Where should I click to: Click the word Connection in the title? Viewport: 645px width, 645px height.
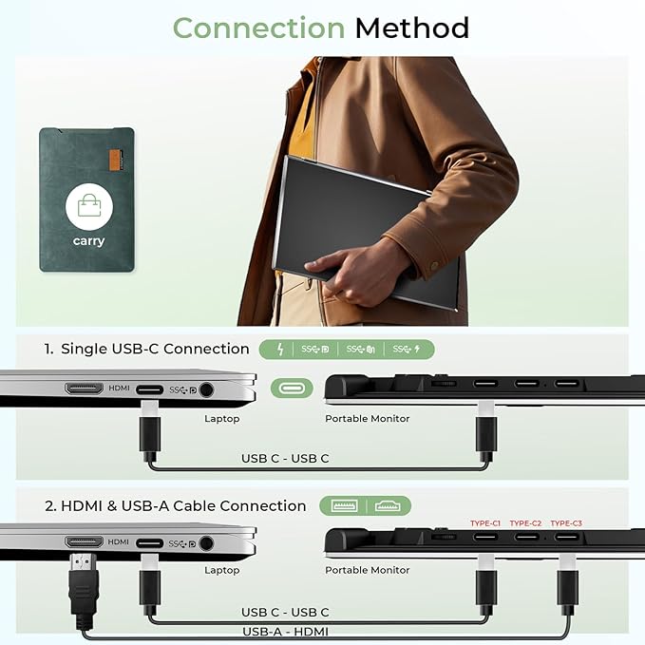pos(259,28)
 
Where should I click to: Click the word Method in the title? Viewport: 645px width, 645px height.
pos(412,28)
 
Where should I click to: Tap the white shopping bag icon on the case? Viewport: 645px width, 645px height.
pos(88,205)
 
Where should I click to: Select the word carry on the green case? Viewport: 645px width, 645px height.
pos(88,241)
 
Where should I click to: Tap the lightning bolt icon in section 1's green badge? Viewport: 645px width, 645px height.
pos(279,350)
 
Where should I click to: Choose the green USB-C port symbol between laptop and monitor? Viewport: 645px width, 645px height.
pos(291,388)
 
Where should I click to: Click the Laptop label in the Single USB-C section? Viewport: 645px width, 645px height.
pos(221,418)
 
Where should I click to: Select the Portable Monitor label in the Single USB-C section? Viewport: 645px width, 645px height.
pos(368,418)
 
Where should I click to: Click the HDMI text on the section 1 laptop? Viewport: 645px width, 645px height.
pos(119,388)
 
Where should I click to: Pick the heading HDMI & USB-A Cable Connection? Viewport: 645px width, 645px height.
pos(175,505)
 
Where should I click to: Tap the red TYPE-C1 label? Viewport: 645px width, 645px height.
pos(484,523)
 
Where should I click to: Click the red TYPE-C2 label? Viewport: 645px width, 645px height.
pos(525,523)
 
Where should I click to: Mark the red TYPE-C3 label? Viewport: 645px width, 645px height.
pos(566,523)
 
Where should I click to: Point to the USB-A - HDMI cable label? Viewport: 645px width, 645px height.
pos(285,631)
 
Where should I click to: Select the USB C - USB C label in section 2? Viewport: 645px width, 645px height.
pos(285,612)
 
